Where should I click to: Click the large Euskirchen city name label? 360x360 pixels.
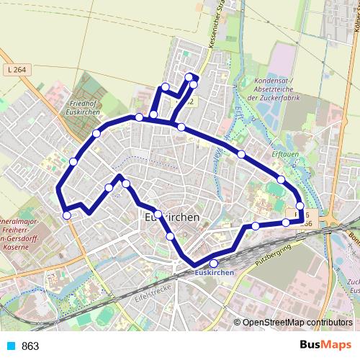click(x=172, y=217)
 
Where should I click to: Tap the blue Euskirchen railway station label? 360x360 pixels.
click(x=213, y=272)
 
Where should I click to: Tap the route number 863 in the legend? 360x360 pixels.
click(x=30, y=346)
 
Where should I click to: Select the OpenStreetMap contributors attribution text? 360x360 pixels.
click(x=297, y=323)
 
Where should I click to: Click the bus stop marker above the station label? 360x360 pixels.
click(x=213, y=263)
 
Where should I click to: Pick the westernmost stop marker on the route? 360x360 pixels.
click(x=67, y=215)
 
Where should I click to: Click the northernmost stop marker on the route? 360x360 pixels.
click(x=189, y=77)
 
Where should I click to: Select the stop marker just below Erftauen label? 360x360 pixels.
click(x=282, y=179)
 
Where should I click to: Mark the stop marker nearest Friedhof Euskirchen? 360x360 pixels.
click(x=96, y=133)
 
